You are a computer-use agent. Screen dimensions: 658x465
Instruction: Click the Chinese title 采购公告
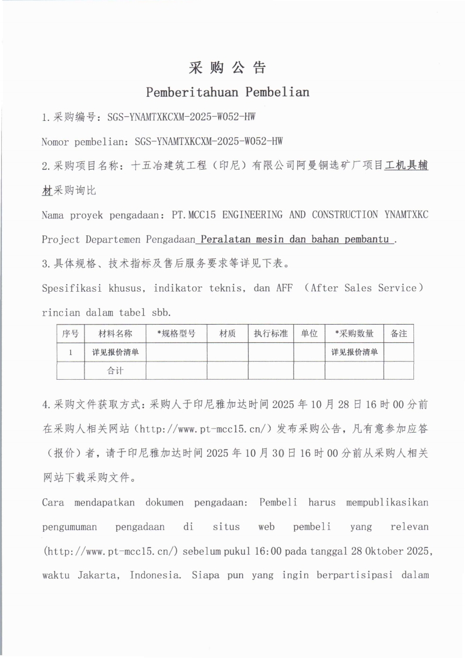click(x=227, y=68)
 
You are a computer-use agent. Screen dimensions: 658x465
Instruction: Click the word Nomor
click(x=56, y=141)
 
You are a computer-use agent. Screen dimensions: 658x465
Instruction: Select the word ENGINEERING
click(x=251, y=215)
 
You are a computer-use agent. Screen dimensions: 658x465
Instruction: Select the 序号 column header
click(x=70, y=333)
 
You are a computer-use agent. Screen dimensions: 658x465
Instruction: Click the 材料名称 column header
click(x=115, y=333)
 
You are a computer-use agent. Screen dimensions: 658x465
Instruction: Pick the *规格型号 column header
click(x=176, y=333)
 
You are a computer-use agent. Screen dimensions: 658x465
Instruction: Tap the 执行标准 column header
click(x=270, y=333)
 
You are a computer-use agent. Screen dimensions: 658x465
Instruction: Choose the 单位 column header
click(x=309, y=333)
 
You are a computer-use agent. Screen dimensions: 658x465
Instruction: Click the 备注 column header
click(x=399, y=333)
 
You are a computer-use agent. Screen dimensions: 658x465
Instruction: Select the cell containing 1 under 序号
click(x=70, y=352)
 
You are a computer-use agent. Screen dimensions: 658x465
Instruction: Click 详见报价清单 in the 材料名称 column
click(x=115, y=352)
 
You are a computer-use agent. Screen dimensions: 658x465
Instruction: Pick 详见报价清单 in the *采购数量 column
click(x=354, y=352)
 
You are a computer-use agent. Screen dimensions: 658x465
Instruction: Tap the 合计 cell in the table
click(x=115, y=371)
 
